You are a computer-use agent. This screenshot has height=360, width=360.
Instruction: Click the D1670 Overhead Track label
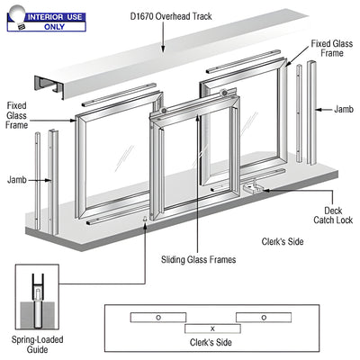click(x=171, y=16)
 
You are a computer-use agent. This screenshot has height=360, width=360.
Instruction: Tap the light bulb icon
click(x=17, y=17)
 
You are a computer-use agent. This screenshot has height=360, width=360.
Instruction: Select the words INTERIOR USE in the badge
click(x=55, y=17)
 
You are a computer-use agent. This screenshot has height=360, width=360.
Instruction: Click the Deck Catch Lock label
click(x=333, y=215)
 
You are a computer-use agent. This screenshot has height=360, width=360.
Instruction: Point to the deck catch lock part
click(x=253, y=187)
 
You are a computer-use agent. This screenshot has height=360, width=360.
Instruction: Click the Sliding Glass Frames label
click(x=198, y=259)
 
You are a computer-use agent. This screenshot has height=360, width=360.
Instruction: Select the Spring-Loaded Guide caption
click(x=37, y=345)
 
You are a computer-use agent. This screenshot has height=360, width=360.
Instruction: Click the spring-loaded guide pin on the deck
click(x=145, y=219)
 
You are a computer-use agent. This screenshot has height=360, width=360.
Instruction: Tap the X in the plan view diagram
click(x=212, y=328)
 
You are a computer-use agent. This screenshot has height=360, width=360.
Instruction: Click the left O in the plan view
click(x=158, y=318)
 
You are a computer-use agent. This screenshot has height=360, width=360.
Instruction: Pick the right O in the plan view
click(x=264, y=318)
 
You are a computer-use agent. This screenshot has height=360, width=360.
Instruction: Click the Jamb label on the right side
click(x=344, y=109)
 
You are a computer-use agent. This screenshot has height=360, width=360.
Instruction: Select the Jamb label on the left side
click(x=17, y=180)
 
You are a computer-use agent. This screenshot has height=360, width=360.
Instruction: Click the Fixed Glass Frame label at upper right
click(x=332, y=49)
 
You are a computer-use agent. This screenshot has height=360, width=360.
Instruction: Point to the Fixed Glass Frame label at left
click(x=17, y=115)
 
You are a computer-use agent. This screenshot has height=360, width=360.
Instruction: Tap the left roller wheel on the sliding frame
click(x=163, y=111)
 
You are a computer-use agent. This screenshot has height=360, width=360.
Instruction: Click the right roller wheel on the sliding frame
click(x=223, y=93)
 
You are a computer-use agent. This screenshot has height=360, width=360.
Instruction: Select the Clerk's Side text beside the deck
click(x=283, y=241)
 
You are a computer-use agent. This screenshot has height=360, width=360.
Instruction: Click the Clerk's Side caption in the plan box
click(x=211, y=342)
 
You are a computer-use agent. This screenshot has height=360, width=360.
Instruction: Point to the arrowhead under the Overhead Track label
click(x=163, y=49)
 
